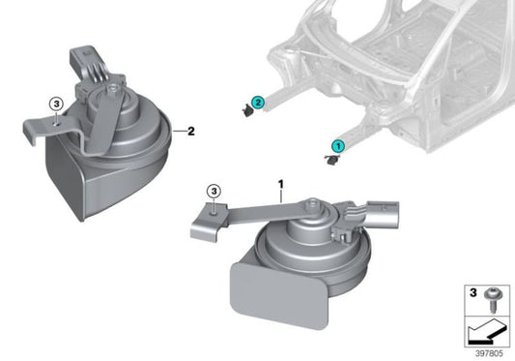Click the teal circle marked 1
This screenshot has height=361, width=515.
[337, 144]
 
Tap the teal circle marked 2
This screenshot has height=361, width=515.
[258, 102]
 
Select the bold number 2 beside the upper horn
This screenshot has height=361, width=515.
[190, 130]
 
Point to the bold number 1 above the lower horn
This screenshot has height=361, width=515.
[280, 182]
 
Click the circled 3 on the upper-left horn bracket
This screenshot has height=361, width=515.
[56, 104]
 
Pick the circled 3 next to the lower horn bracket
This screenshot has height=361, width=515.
[215, 193]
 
